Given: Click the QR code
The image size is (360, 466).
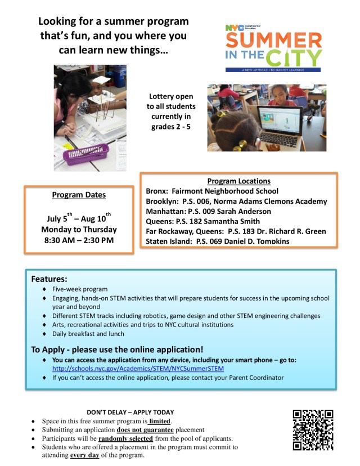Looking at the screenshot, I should pyautogui.click(x=313, y=430).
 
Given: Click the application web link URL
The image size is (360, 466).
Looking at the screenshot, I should pyautogui.click(x=138, y=369).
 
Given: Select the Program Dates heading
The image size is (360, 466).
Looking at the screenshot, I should pyautogui.click(x=79, y=195).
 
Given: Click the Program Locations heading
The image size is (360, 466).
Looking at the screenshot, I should pyautogui.click(x=238, y=181).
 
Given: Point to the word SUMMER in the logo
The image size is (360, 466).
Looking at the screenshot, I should pyautogui.click(x=274, y=41).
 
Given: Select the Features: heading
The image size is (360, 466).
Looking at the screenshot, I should pyautogui.click(x=49, y=279).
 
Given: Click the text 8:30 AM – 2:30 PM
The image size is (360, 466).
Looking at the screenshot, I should pyautogui.click(x=79, y=240).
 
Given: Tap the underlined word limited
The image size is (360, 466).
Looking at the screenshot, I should pyautogui.click(x=160, y=421).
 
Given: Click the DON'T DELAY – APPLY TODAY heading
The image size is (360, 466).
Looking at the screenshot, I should pyautogui.click(x=130, y=412).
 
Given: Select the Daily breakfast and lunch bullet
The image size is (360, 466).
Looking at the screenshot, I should pyautogui.click(x=83, y=334).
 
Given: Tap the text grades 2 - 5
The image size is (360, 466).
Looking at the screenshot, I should pyautogui.click(x=171, y=127).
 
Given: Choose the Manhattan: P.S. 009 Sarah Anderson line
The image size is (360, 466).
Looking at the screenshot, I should pyautogui.click(x=208, y=211).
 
